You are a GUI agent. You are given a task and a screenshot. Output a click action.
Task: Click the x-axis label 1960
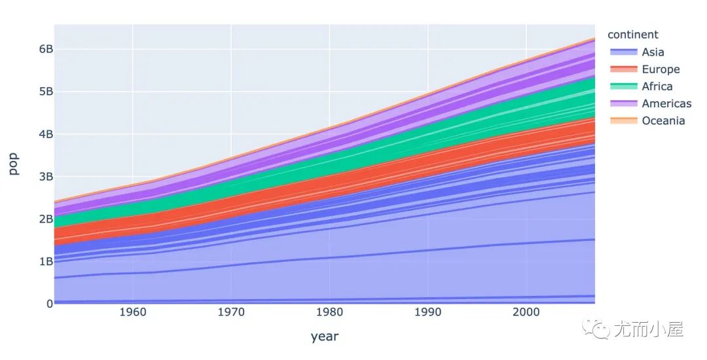[x=133, y=312]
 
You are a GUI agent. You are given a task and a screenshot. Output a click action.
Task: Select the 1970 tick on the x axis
[x=231, y=312]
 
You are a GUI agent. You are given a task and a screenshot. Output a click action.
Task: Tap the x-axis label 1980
[x=329, y=312]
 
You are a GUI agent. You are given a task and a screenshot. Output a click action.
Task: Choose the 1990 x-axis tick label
[x=427, y=312]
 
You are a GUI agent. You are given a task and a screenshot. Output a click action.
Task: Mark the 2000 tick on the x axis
[x=526, y=312]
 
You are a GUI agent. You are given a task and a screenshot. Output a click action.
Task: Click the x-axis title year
[x=324, y=336]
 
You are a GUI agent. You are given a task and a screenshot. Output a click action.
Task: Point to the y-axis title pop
[x=14, y=164]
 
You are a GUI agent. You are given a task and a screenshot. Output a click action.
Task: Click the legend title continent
[x=632, y=35]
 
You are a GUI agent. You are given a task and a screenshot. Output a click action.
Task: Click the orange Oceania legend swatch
[x=622, y=120]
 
